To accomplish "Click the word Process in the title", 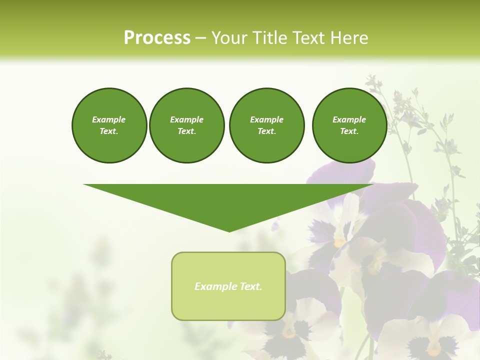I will click(157, 37).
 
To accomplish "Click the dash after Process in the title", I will click(200, 38).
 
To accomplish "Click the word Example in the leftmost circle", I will click(109, 119).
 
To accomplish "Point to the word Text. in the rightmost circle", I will click(349, 131).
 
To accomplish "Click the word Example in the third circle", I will click(266, 119).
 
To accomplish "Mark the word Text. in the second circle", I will click(187, 131).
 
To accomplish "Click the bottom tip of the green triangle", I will click(229, 230).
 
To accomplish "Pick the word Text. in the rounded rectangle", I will click(250, 286).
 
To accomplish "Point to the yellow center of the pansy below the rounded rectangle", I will click(289, 332).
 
